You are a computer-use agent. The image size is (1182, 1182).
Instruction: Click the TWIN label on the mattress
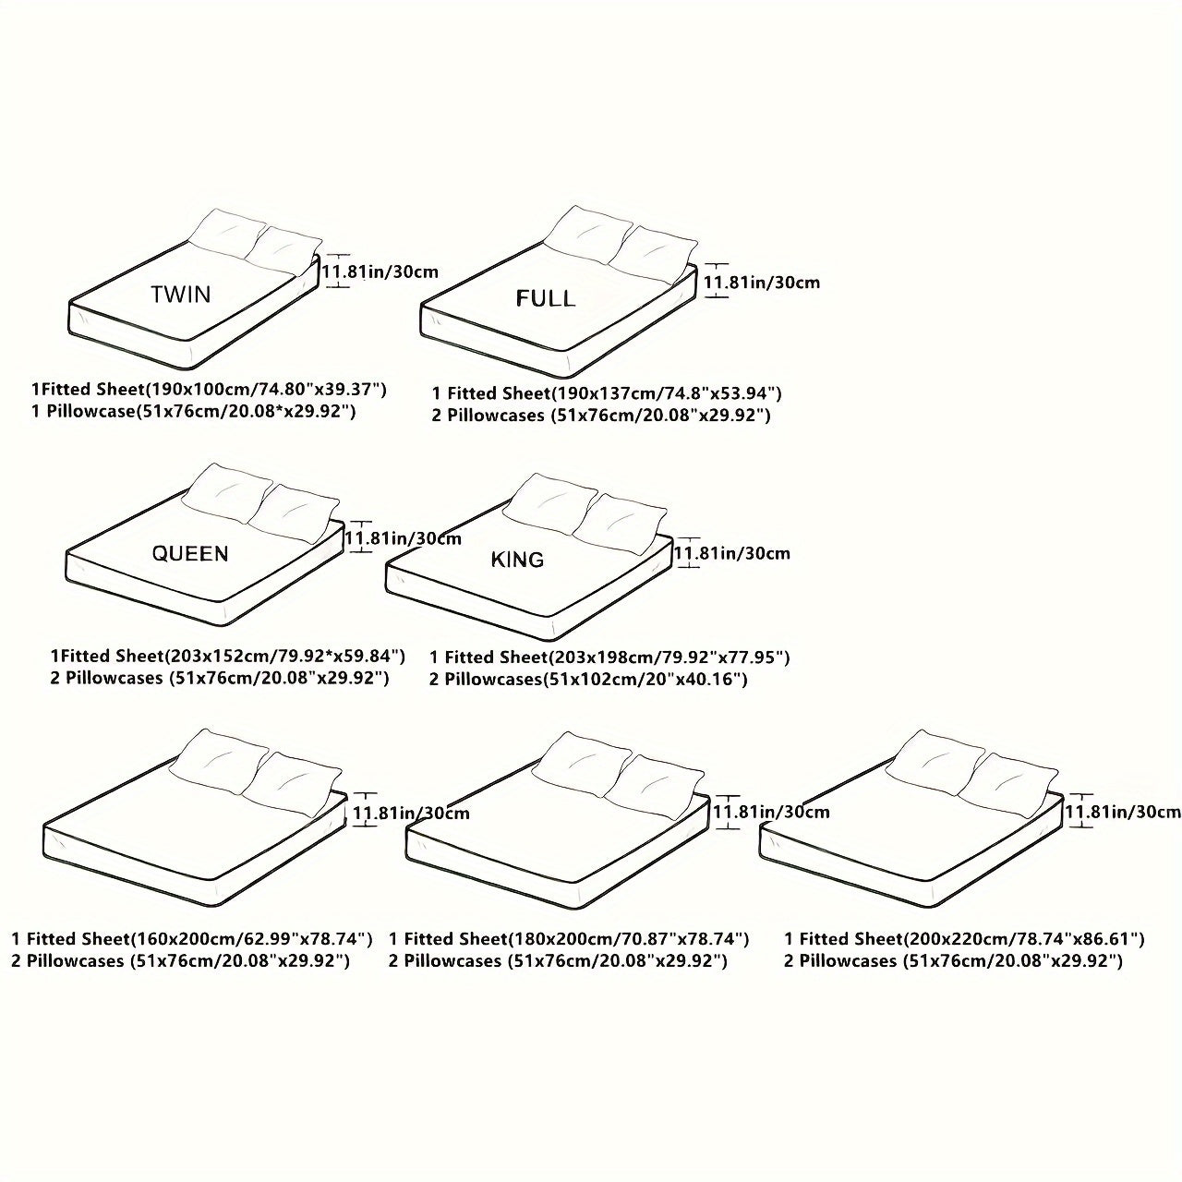point(181,295)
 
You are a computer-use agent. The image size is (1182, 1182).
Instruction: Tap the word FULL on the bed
point(545,298)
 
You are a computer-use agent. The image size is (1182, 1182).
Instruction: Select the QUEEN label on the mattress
point(190,553)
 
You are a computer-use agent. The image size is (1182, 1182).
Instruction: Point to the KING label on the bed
point(517,560)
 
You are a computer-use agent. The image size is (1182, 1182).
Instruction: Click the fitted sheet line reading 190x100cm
point(209,389)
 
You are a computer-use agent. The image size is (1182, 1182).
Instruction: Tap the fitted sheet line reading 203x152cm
point(227,657)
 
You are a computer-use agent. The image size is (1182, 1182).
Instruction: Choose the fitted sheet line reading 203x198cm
point(609,657)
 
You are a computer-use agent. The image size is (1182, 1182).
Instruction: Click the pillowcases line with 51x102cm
point(588,680)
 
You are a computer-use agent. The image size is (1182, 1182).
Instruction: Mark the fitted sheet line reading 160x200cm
point(192,939)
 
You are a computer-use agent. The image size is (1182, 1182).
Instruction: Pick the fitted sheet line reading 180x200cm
point(568,939)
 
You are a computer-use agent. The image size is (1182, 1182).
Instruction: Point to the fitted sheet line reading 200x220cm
point(964,939)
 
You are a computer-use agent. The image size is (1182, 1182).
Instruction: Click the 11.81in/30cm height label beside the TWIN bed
point(380,271)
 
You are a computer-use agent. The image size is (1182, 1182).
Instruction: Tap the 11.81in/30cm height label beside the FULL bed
point(762,282)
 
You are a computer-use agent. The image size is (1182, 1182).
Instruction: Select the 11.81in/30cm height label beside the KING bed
point(732,553)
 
